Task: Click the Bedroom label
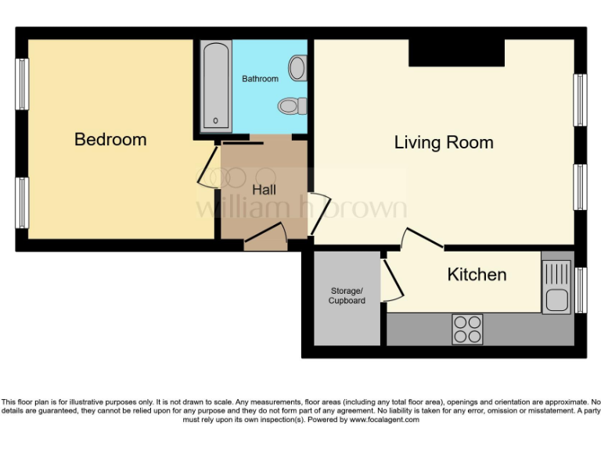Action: pyautogui.click(x=110, y=140)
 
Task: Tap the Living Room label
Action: pyautogui.click(x=443, y=142)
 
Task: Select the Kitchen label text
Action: pyautogui.click(x=477, y=275)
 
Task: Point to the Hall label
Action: pyautogui.click(x=264, y=189)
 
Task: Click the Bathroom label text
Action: pyautogui.click(x=260, y=79)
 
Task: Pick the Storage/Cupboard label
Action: pyautogui.click(x=347, y=296)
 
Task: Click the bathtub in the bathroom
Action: pyautogui.click(x=215, y=86)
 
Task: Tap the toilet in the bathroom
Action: pyautogui.click(x=290, y=105)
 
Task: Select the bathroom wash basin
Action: pyautogui.click(x=297, y=68)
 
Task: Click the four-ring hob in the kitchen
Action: pyautogui.click(x=467, y=328)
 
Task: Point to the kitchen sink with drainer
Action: pyautogui.click(x=557, y=287)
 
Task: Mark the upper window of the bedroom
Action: pyautogui.click(x=23, y=84)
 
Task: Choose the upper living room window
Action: pyautogui.click(x=580, y=99)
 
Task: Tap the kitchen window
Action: pyautogui.click(x=580, y=290)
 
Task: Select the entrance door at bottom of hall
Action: pyautogui.click(x=266, y=237)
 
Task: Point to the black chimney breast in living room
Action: pyautogui.click(x=456, y=52)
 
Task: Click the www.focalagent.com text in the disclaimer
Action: pyautogui.click(x=383, y=420)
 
